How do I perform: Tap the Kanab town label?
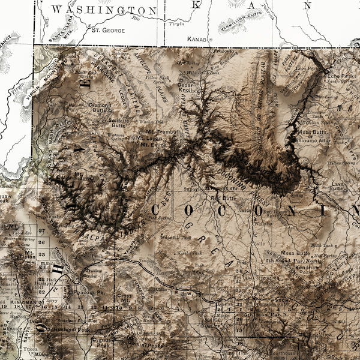196,39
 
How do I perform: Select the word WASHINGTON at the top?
104,10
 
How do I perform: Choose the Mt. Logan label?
149,137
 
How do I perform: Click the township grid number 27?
41,230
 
